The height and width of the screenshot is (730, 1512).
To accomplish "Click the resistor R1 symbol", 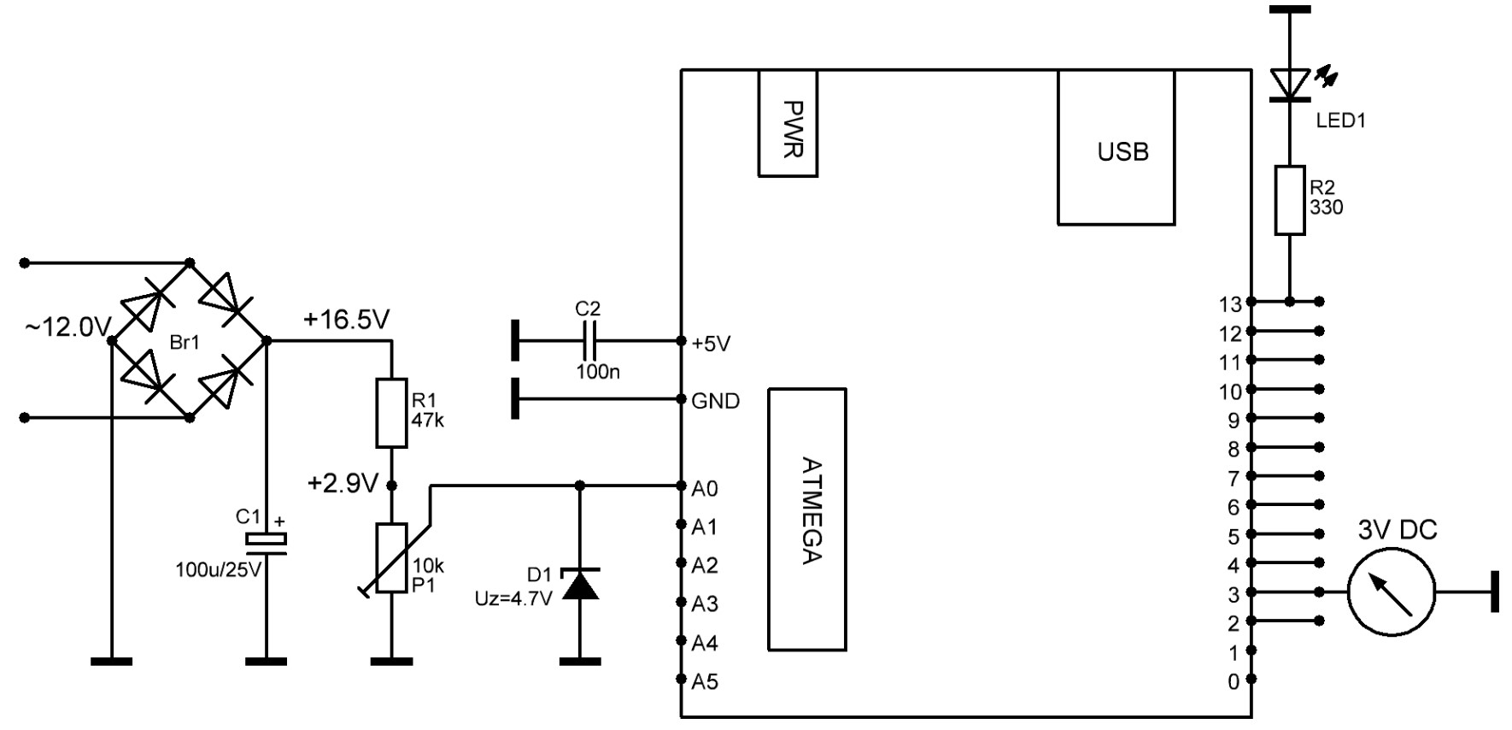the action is (x=391, y=413).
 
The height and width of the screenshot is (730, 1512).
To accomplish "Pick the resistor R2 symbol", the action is (x=1290, y=200).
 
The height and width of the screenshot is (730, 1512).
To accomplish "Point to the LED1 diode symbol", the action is (x=1290, y=84).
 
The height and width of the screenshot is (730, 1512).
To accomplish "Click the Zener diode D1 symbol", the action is (x=579, y=583).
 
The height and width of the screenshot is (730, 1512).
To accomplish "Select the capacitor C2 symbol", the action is (x=589, y=341).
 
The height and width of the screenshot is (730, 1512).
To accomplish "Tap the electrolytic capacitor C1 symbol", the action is (x=266, y=540).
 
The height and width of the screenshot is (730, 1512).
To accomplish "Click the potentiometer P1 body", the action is (x=391, y=559).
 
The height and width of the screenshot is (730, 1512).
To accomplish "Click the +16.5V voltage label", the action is (x=346, y=320).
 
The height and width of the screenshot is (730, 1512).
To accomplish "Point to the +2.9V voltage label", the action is (x=343, y=484).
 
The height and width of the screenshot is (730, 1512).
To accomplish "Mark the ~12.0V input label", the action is (x=68, y=327).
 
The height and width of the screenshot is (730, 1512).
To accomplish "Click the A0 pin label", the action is (x=705, y=489).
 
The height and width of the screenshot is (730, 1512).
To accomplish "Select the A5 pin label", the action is (x=705, y=681).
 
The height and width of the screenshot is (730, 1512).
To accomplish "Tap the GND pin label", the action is (x=716, y=401).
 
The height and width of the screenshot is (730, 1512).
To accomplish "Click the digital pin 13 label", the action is (x=1229, y=304).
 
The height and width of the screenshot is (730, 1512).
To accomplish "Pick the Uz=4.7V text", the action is (x=513, y=598).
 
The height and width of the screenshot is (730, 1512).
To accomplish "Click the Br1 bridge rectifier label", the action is (x=185, y=343).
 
